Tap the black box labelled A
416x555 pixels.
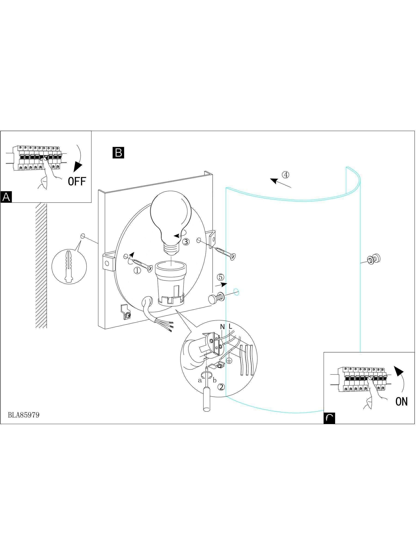tap(6, 197)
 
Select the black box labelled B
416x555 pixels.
tap(118, 153)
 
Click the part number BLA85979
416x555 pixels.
tap(24, 415)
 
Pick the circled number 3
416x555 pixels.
tap(186, 242)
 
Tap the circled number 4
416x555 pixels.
tap(286, 175)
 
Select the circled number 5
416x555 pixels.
tap(220, 277)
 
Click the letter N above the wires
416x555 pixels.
tap(222, 327)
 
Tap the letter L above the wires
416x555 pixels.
tap(230, 327)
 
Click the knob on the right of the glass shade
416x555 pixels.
tap(373, 259)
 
